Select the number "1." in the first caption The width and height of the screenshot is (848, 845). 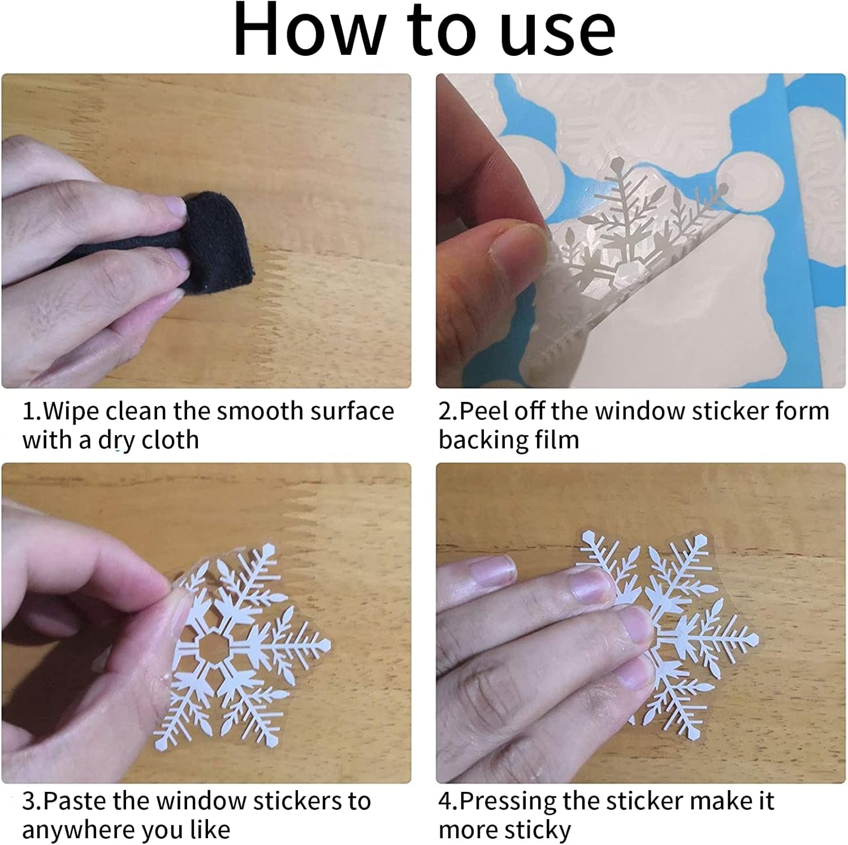coord(32,411)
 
